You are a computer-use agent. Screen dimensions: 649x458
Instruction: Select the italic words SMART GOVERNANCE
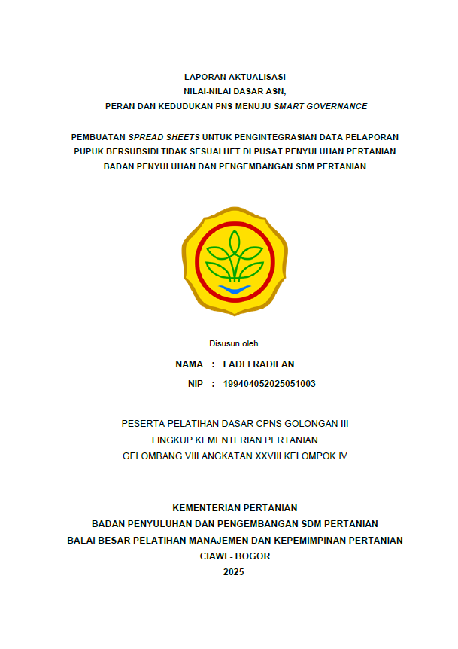pyautogui.click(x=320, y=106)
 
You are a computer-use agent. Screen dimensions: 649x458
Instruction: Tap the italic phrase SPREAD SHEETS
pyautogui.click(x=156, y=137)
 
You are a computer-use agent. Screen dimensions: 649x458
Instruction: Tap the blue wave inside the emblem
pyautogui.click(x=235, y=289)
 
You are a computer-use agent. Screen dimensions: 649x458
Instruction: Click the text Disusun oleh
pyautogui.click(x=233, y=343)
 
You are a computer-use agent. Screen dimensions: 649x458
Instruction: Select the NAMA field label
pyautogui.click(x=190, y=364)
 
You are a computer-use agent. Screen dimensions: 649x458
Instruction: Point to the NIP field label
pyautogui.click(x=196, y=384)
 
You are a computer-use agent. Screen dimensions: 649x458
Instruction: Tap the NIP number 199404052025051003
pyautogui.click(x=269, y=384)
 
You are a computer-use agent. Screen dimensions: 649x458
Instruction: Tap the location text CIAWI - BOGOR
pyautogui.click(x=234, y=556)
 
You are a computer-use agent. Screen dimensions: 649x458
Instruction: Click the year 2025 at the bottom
pyautogui.click(x=234, y=571)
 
